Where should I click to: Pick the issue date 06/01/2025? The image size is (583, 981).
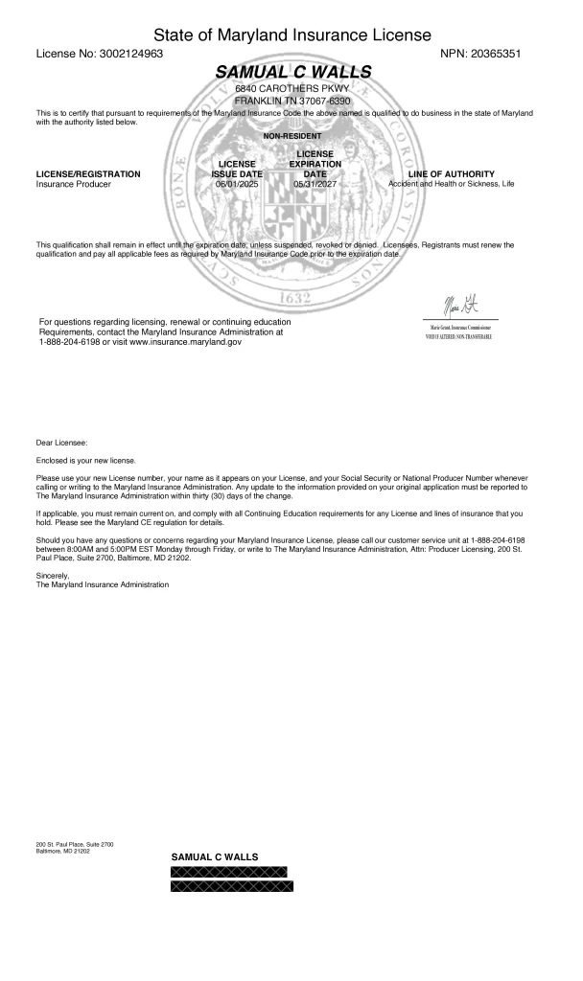pos(237,184)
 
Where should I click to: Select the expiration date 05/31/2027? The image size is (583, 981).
pos(315,184)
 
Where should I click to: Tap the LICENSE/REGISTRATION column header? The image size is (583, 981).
pos(87,173)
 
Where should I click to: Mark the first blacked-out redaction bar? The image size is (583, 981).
pos(228,871)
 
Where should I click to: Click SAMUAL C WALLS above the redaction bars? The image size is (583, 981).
pos(214,856)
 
